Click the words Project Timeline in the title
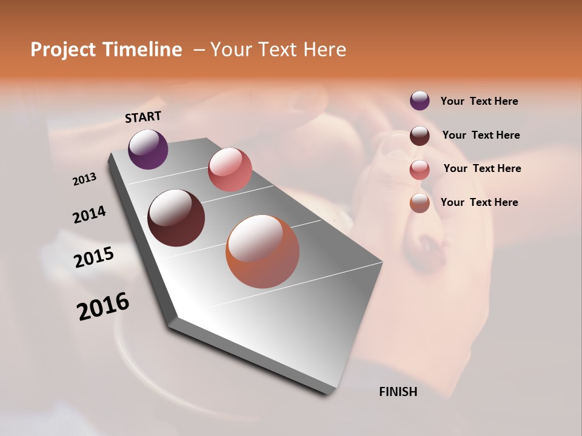click(x=106, y=50)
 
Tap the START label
click(x=143, y=117)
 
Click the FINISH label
click(x=398, y=392)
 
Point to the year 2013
click(x=85, y=179)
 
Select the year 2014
click(x=89, y=214)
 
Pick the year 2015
click(x=94, y=257)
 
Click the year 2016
click(x=103, y=306)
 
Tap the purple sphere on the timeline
click(x=148, y=149)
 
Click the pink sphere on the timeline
click(x=230, y=170)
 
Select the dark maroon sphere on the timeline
click(x=176, y=218)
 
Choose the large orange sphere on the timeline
click(x=263, y=251)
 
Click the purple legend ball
click(x=420, y=101)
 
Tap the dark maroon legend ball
click(x=420, y=136)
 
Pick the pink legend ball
click(x=420, y=170)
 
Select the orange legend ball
click(x=420, y=203)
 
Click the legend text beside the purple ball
click(x=480, y=102)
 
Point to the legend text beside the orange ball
click(x=480, y=202)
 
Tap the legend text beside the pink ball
click(x=482, y=168)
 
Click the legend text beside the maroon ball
click(x=481, y=135)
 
